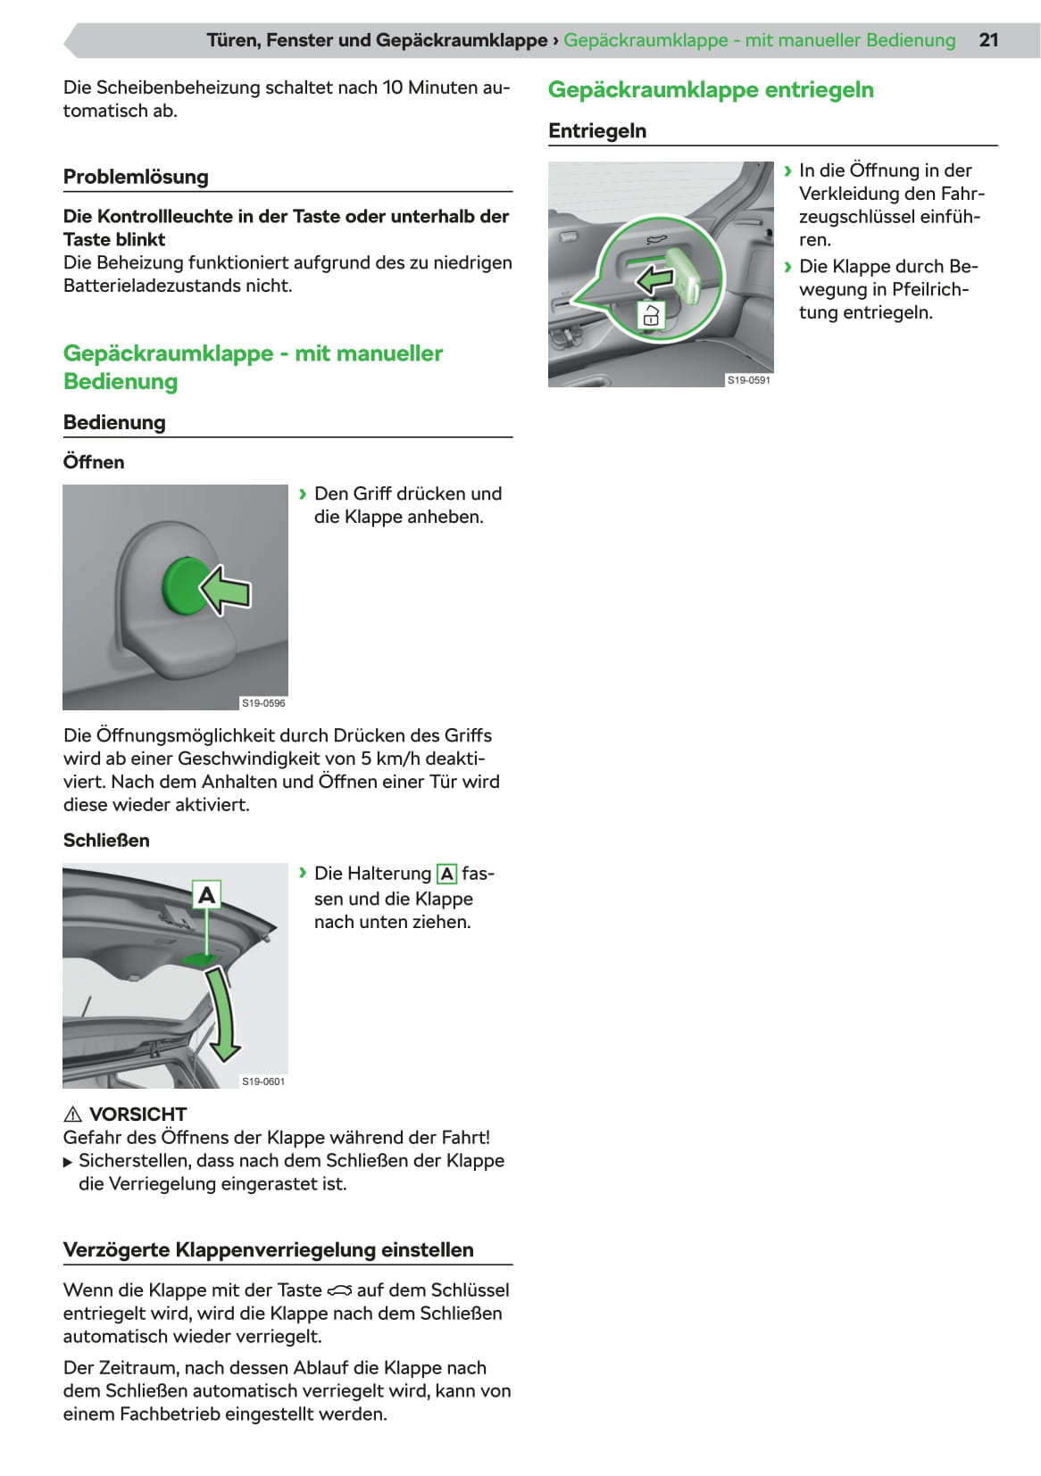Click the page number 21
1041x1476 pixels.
point(988,40)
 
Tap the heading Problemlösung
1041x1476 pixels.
point(136,177)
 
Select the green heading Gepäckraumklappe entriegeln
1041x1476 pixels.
point(711,90)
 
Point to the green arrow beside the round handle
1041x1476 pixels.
point(226,591)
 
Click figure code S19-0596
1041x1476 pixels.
point(263,703)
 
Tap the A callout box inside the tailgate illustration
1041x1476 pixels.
point(206,894)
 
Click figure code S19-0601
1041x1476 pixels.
point(263,1082)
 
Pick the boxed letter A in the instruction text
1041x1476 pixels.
point(446,875)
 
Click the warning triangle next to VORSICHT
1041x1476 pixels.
point(73,1115)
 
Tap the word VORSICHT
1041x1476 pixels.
point(138,1115)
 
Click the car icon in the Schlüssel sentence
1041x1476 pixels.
point(339,1290)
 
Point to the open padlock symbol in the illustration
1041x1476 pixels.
point(651,315)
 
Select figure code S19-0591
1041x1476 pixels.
point(748,380)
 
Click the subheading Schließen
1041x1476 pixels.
point(106,841)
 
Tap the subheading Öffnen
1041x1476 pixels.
point(94,462)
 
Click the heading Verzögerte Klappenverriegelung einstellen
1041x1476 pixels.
point(268,1250)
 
